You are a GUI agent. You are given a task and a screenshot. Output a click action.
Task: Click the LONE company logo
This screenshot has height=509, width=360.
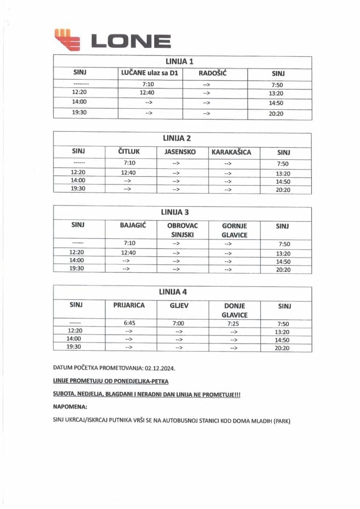point(112,40)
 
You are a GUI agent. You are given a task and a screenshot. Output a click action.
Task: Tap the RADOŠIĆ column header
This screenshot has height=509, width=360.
point(213,73)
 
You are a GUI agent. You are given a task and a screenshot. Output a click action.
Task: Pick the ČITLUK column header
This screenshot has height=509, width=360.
point(129,152)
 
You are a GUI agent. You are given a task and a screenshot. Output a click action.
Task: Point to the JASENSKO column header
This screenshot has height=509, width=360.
point(180,152)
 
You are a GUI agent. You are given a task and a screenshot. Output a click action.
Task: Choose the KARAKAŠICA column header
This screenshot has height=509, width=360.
point(232,152)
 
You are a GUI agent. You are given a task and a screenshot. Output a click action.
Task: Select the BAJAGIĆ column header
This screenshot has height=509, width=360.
point(133,225)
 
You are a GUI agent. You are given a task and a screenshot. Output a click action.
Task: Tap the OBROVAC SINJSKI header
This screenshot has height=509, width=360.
point(183,230)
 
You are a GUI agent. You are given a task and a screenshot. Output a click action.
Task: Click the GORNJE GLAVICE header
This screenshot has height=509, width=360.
point(234,230)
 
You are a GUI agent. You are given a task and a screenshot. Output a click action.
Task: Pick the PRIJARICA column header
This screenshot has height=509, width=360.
point(129,305)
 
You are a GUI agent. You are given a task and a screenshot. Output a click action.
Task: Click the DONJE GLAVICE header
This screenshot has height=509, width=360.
point(234,310)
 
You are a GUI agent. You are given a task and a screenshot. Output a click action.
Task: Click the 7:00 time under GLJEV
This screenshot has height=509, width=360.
point(179,323)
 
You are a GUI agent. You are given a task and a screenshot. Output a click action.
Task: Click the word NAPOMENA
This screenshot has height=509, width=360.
point(70,408)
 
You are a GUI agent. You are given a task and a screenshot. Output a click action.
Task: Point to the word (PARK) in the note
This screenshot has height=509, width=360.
point(279,421)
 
